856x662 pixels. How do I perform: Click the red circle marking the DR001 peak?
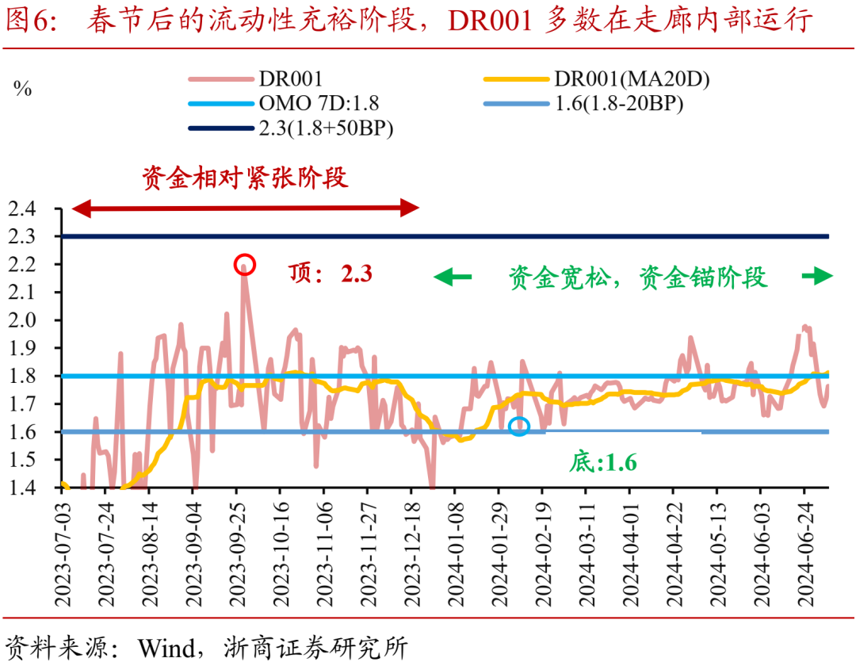pyautogui.click(x=245, y=256)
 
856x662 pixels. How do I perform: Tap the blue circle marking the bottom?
pyautogui.click(x=518, y=417)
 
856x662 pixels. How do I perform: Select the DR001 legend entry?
pyautogui.click(x=256, y=79)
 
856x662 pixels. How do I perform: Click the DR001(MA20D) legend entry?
pyautogui.click(x=597, y=79)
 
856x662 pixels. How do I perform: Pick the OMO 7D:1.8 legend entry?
pyautogui.click(x=283, y=103)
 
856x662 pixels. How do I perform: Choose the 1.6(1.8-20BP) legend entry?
pyautogui.click(x=583, y=103)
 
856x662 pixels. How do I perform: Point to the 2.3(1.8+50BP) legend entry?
pyautogui.click(x=290, y=128)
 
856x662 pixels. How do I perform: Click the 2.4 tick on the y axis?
pyautogui.click(x=22, y=209)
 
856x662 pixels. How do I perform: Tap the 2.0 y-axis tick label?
pyautogui.click(x=22, y=320)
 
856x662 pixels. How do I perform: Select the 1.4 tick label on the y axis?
pyautogui.click(x=22, y=488)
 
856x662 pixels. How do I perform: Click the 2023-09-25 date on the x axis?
pyautogui.click(x=238, y=554)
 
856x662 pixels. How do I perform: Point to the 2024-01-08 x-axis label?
pyautogui.click(x=456, y=554)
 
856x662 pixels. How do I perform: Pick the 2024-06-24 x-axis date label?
pyautogui.click(x=805, y=554)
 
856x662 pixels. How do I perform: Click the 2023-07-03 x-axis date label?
pyautogui.click(x=63, y=554)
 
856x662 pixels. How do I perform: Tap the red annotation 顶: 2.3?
pyautogui.click(x=331, y=273)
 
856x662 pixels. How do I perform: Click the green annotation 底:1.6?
pyautogui.click(x=602, y=463)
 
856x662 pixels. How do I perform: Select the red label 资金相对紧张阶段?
pyautogui.click(x=245, y=178)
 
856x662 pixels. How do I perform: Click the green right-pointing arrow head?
pyautogui.click(x=823, y=276)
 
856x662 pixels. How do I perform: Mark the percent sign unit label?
pyautogui.click(x=22, y=89)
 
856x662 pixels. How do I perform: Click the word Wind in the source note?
pyautogui.click(x=166, y=648)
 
